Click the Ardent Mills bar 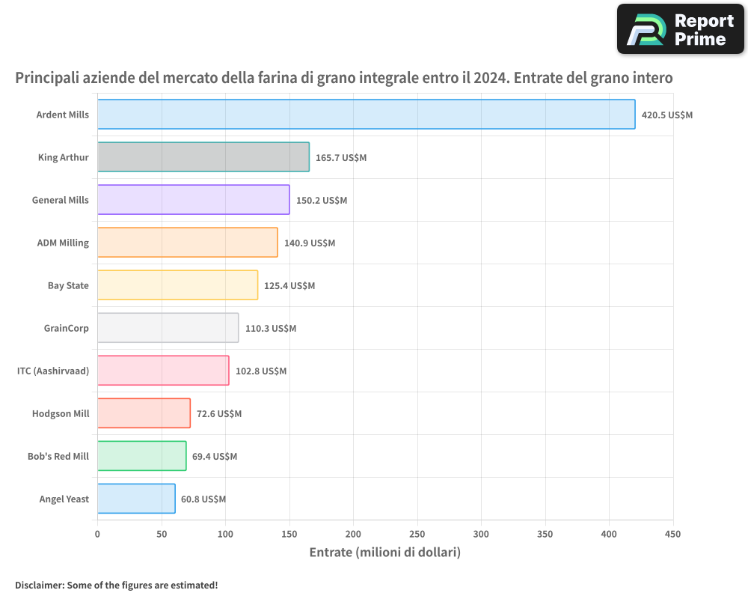click(367, 114)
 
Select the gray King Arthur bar click(203, 156)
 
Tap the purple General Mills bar click(194, 200)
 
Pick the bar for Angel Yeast click(136, 499)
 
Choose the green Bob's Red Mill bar click(142, 456)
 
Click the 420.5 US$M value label click(667, 115)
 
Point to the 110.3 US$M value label click(271, 329)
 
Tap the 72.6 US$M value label click(219, 413)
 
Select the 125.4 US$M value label click(289, 285)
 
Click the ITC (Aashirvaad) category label click(53, 371)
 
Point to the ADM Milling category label click(63, 243)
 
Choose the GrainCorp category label click(67, 328)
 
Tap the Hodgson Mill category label click(61, 413)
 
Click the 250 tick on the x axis click(417, 534)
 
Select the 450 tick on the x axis click(672, 534)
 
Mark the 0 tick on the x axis click(97, 534)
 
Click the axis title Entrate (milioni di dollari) click(385, 553)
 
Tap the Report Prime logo click(681, 29)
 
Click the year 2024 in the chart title click(490, 77)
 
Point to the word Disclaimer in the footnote click(40, 585)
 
